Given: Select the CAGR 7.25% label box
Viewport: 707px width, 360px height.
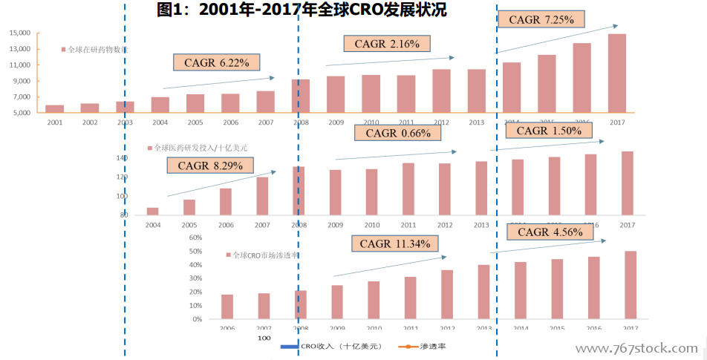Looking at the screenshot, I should (x=541, y=20).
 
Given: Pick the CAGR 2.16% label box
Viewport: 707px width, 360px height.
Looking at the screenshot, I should (x=387, y=44).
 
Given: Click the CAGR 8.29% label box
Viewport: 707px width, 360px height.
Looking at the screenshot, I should (x=210, y=166).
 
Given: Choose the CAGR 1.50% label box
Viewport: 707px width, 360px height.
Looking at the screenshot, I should (x=550, y=131).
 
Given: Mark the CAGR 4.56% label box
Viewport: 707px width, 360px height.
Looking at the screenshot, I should (x=551, y=232).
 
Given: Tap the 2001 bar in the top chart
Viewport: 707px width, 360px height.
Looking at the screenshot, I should (x=54, y=108).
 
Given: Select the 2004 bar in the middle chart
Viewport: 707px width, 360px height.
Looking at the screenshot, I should (x=153, y=211).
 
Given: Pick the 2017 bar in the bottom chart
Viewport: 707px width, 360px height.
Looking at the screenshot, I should (x=630, y=285).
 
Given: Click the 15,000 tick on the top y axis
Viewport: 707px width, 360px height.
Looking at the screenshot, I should (x=20, y=33).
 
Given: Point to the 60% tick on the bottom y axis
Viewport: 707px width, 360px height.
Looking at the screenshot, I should (x=195, y=238).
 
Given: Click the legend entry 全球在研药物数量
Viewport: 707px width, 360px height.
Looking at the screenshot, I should (x=96, y=50).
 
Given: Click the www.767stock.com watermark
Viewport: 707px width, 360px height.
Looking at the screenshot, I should (x=636, y=347).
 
